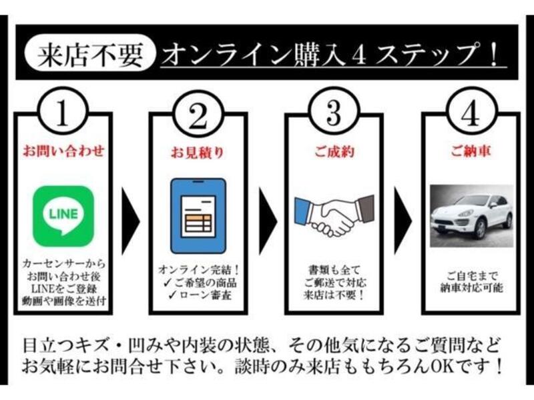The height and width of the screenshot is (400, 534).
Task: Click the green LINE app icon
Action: pyautogui.click(x=63, y=216)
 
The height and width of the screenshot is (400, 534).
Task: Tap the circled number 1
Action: pyautogui.click(x=63, y=112)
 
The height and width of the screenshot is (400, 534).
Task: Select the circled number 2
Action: pyautogui.click(x=198, y=113)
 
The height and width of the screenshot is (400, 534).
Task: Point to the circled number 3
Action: pyautogui.click(x=334, y=112)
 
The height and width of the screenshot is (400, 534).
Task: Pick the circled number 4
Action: pyautogui.click(x=471, y=112)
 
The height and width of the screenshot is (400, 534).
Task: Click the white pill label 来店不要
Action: pyautogui.click(x=90, y=53)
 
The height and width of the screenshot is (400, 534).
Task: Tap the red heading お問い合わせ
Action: pyautogui.click(x=63, y=151)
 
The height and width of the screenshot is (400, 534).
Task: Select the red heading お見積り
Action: pyautogui.click(x=198, y=153)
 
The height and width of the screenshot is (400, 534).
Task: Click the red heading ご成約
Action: pyautogui.click(x=334, y=152)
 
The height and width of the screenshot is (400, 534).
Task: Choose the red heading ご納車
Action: pyautogui.click(x=471, y=151)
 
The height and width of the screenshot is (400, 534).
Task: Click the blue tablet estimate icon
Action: pyautogui.click(x=198, y=215)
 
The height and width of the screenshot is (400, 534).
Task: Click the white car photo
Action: pyautogui.click(x=471, y=215)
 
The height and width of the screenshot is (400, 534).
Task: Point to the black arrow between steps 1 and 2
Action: pyautogui.click(x=130, y=221)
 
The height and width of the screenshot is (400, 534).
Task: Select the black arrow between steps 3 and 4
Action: pyautogui.click(x=403, y=221)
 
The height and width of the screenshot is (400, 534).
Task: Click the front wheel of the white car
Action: pyautogui.click(x=480, y=229)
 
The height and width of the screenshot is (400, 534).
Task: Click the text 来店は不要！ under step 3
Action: pyautogui.click(x=334, y=295)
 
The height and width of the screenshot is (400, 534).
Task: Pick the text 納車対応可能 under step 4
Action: pyautogui.click(x=471, y=288)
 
